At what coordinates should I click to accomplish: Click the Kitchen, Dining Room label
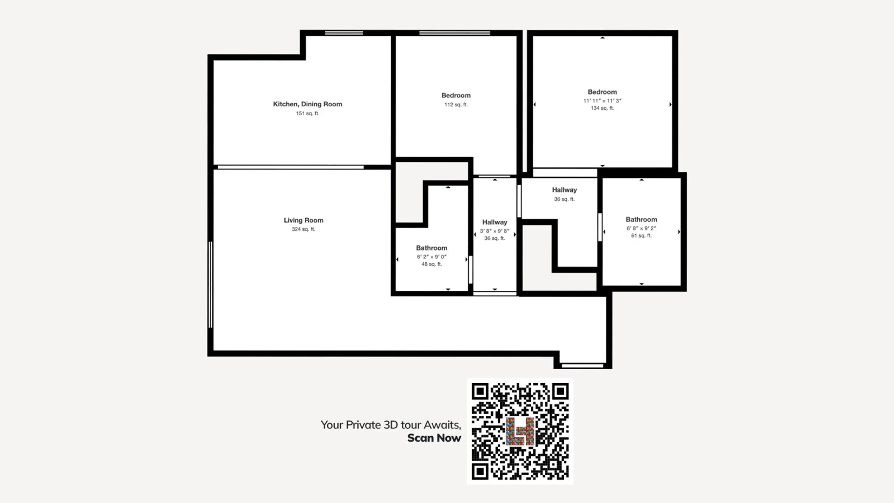click(308, 104)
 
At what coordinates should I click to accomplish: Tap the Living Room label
click(304, 220)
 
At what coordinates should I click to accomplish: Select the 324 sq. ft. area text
click(304, 229)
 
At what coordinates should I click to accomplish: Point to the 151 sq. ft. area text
click(308, 113)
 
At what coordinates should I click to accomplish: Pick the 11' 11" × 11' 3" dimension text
click(602, 101)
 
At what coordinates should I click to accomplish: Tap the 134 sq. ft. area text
click(602, 108)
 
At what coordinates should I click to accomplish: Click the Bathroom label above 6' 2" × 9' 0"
click(432, 248)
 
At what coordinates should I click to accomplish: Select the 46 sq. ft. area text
click(432, 264)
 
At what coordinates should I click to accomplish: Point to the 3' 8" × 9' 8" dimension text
click(494, 231)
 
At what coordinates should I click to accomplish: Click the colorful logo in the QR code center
click(520, 431)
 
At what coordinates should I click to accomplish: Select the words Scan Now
click(434, 438)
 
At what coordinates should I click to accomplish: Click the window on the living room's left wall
click(210, 285)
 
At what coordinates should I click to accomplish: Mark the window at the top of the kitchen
click(344, 33)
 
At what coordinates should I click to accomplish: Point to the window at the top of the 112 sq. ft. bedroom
click(455, 33)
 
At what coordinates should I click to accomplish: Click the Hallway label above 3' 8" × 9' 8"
click(494, 222)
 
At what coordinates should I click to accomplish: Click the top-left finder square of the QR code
click(480, 391)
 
